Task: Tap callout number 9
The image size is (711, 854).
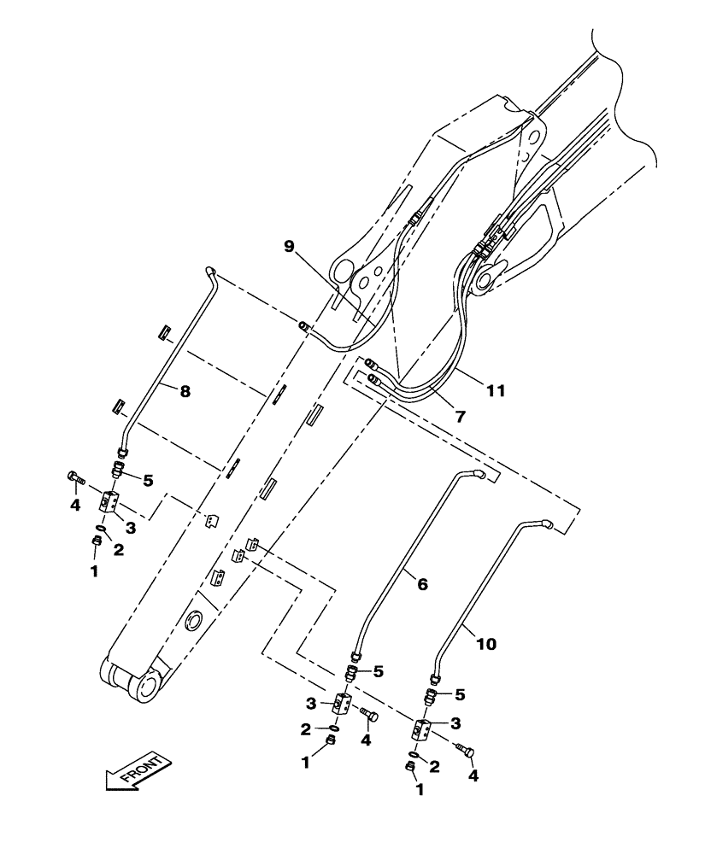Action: pyautogui.click(x=290, y=246)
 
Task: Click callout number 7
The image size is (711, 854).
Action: pyautogui.click(x=460, y=417)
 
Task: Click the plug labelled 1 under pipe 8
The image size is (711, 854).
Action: pyautogui.click(x=97, y=541)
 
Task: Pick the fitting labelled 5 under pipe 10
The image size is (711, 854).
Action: pyautogui.click(x=432, y=696)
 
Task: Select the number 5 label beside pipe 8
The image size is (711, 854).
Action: pyautogui.click(x=148, y=481)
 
